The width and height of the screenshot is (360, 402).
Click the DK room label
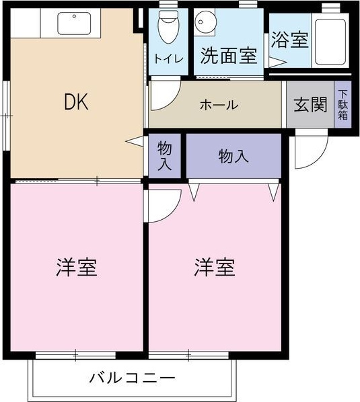point(76,102)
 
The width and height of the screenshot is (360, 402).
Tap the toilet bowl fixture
point(168,27)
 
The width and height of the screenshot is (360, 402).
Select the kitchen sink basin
point(74,24)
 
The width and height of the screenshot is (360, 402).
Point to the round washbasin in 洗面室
point(205,22)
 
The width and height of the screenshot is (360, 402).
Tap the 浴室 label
point(290,40)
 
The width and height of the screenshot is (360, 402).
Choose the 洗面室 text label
point(229,56)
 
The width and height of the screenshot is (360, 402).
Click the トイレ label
point(169,59)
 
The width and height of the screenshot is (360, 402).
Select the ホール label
point(219,105)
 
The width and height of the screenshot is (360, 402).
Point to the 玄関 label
point(310,105)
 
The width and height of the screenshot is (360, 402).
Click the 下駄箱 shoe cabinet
point(343,104)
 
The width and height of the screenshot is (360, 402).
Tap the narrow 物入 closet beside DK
point(165,155)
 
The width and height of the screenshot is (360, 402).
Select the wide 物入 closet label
point(233,156)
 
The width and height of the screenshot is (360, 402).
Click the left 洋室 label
point(77,267)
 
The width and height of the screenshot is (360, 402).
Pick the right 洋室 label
point(215,267)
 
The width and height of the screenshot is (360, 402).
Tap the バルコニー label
point(133,378)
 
